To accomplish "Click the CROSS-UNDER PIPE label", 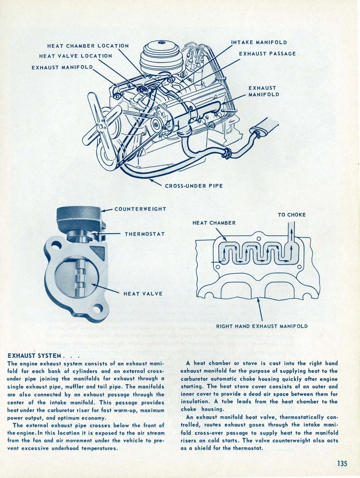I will [x=194, y=186].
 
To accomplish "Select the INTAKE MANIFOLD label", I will [x=259, y=42].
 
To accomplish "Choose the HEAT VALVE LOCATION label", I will [x=76, y=56].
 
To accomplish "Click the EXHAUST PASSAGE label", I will [x=267, y=54].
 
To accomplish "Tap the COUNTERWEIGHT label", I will [x=140, y=209].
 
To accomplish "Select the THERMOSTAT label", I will [x=145, y=233].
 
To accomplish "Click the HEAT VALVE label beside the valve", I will [x=143, y=294].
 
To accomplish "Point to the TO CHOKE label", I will [x=291, y=215].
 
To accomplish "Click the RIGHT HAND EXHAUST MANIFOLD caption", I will [x=262, y=326].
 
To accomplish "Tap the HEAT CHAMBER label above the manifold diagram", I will [x=214, y=223].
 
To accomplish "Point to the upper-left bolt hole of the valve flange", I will [x=55, y=244].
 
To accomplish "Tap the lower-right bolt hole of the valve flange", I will [x=97, y=309].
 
